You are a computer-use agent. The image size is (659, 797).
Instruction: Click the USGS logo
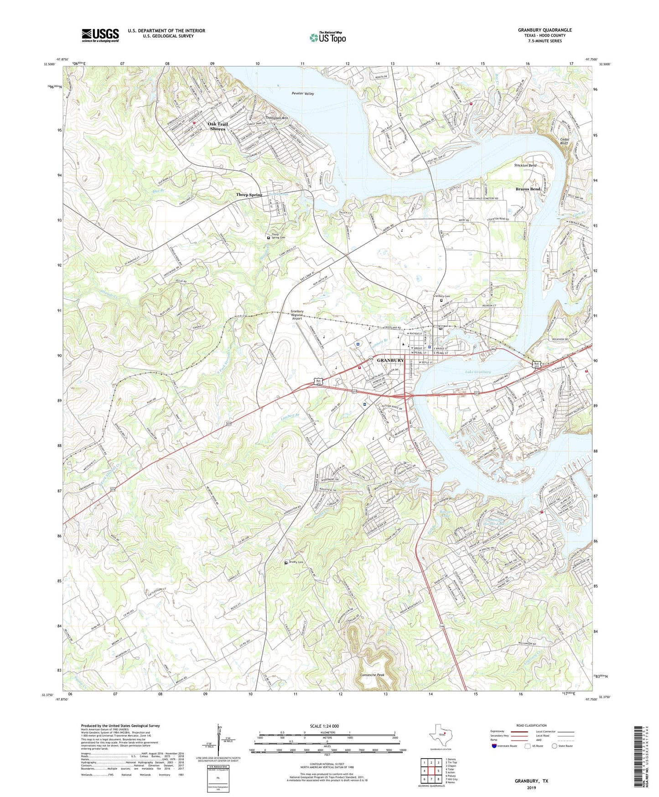click(100, 35)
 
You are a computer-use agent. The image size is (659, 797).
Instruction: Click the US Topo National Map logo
click(327, 37)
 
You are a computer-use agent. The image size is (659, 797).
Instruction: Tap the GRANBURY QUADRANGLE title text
click(545, 30)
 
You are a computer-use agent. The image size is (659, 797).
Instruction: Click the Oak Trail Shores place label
click(218, 126)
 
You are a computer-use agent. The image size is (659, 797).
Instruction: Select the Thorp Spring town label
click(249, 195)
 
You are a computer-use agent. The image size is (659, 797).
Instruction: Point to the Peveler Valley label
click(303, 94)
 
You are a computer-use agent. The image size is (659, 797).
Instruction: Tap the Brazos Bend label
click(528, 189)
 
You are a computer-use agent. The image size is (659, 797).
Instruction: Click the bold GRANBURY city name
click(390, 361)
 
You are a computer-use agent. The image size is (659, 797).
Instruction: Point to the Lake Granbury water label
click(478, 372)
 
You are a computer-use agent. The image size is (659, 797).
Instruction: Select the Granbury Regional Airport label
click(297, 315)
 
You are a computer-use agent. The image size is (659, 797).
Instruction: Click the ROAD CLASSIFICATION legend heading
click(531, 725)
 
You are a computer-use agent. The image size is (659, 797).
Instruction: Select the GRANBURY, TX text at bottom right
click(531, 781)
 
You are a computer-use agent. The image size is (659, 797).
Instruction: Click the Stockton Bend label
click(525, 165)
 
